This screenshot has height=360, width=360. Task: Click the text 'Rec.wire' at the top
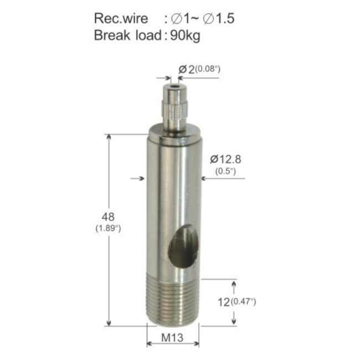point(121,18)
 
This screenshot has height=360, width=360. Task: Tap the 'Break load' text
point(128,35)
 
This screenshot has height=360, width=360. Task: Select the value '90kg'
point(186,36)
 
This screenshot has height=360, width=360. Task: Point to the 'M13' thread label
point(172,338)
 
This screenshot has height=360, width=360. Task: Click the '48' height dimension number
point(108,217)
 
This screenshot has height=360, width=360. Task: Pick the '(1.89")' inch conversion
point(108,228)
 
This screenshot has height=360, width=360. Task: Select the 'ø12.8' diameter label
point(225,160)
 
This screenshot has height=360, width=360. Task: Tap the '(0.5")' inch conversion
point(225,171)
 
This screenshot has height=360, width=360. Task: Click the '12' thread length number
point(224,302)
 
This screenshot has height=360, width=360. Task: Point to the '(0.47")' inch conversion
point(243,301)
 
